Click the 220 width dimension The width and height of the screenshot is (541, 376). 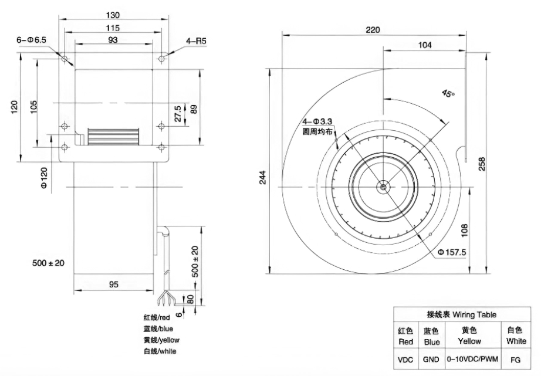(373, 30)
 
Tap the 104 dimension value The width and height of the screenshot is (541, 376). (425, 45)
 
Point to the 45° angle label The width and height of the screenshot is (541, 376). (448, 93)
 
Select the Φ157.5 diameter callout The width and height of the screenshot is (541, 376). (452, 252)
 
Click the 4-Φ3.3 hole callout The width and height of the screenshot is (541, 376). (317, 121)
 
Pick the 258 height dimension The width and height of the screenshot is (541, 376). (482, 164)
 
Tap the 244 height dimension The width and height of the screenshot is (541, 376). (263, 177)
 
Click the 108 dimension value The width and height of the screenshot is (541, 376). (464, 231)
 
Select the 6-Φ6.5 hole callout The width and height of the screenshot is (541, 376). (32, 40)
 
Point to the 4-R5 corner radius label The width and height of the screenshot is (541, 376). (196, 41)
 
